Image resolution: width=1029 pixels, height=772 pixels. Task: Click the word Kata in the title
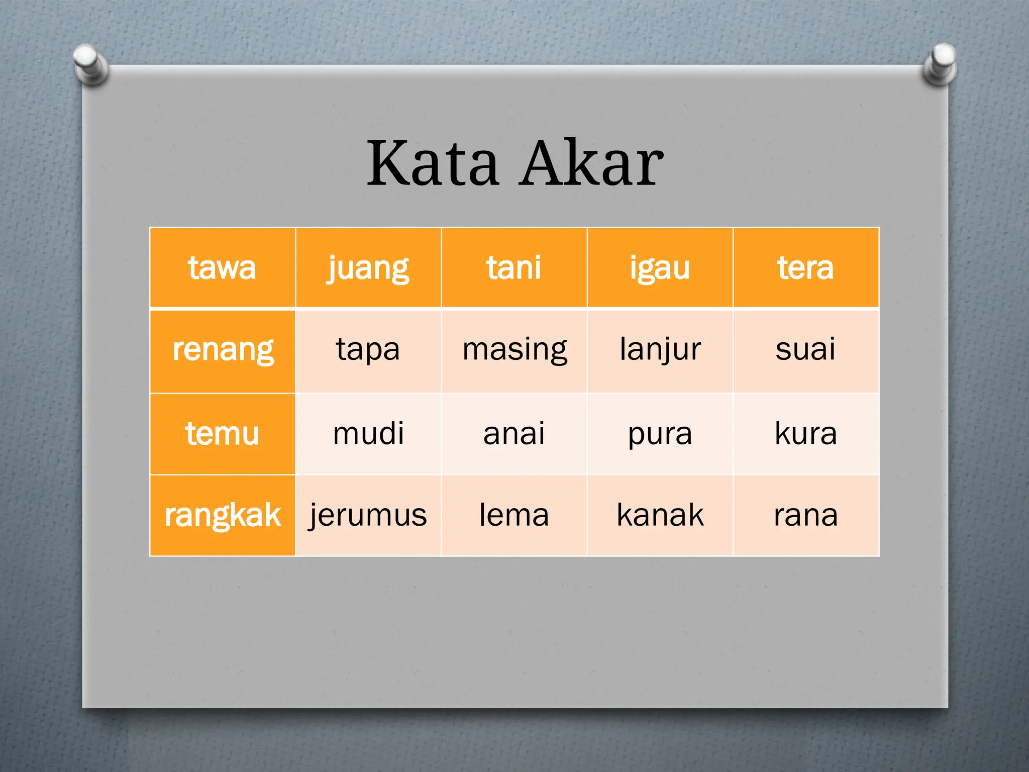click(433, 163)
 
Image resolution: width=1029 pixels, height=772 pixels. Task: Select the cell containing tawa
click(222, 267)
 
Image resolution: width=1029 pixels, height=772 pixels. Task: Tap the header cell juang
click(368, 267)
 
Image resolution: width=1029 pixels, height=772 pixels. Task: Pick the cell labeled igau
click(660, 267)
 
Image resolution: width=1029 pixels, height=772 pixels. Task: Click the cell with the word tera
click(805, 267)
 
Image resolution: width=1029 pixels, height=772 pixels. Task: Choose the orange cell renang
click(223, 350)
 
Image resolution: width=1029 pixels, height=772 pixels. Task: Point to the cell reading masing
click(514, 350)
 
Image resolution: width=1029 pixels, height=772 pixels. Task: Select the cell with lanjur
click(660, 350)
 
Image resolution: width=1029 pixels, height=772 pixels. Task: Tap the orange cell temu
click(223, 434)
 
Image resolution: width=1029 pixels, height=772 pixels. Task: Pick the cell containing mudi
click(368, 434)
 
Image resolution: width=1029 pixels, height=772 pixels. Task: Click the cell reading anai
click(514, 434)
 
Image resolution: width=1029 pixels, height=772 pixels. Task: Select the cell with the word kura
click(805, 434)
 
